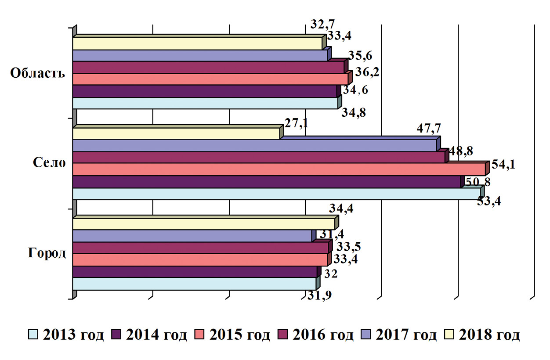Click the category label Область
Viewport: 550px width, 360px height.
(38, 73)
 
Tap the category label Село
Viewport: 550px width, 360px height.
(49, 163)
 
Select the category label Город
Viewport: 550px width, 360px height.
(47, 253)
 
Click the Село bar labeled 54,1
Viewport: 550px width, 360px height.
(279, 169)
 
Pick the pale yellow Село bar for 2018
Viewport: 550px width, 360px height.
(176, 133)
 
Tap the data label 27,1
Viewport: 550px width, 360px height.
(296, 122)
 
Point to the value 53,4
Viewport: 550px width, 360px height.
(489, 202)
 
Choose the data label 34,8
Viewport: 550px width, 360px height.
(354, 112)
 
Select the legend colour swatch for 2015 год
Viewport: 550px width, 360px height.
(200, 335)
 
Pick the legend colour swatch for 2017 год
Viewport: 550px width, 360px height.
(367, 335)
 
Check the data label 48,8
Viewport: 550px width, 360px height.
(461, 151)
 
